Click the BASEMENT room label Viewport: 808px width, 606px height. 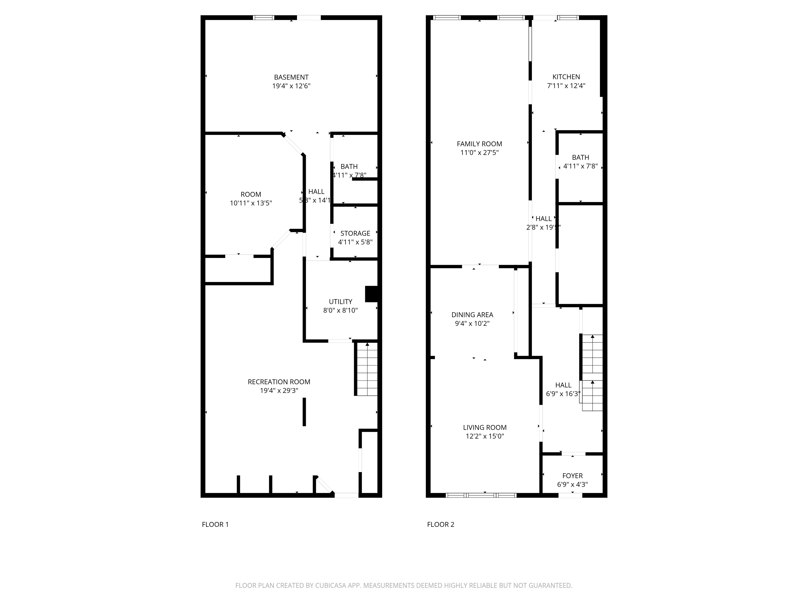click(291, 77)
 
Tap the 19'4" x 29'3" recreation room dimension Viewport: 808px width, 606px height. click(279, 390)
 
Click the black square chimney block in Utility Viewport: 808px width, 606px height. click(371, 294)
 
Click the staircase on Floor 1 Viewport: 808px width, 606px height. click(367, 369)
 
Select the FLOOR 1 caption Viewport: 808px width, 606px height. click(215, 525)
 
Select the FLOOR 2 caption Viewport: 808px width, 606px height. click(441, 525)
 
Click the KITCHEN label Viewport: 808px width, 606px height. click(566, 77)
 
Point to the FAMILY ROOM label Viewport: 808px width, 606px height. click(479, 144)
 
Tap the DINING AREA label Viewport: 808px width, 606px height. click(472, 315)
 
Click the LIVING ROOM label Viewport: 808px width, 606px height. click(485, 427)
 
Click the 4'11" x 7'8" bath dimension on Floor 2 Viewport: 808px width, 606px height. click(580, 166)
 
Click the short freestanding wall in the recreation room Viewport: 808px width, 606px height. click(304, 412)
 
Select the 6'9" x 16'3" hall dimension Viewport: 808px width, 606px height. click(563, 394)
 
